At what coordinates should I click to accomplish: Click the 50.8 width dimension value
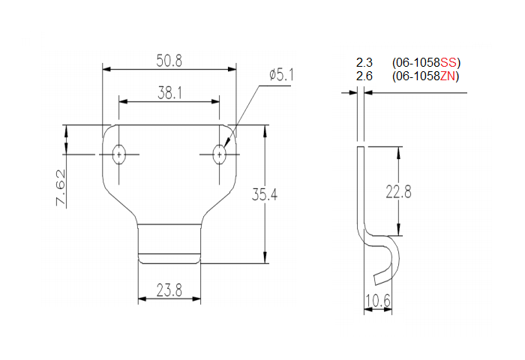click(169, 59)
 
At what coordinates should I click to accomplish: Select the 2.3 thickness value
click(364, 62)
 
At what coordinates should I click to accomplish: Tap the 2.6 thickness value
click(364, 76)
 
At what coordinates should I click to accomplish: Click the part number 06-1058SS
click(425, 62)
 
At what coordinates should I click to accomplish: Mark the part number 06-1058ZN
click(425, 76)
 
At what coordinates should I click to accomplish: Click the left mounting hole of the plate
click(118, 154)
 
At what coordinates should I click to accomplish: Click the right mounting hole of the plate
click(219, 154)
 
